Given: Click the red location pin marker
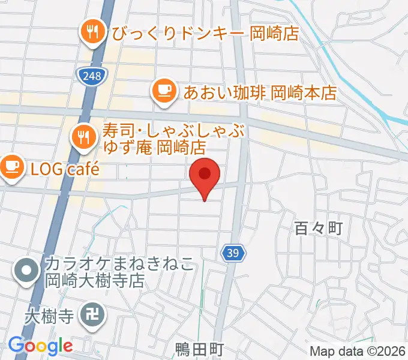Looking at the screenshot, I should (x=205, y=175).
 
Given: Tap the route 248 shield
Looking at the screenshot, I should (x=92, y=74).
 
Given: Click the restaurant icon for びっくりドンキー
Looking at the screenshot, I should (x=92, y=31).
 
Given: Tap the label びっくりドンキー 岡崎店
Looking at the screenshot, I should (x=204, y=33).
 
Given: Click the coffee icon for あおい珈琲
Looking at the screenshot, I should (x=164, y=91).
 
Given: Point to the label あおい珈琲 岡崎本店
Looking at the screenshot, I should (x=260, y=92).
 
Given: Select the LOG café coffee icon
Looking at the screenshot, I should (x=11, y=164).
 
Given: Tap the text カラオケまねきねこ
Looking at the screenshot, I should (x=119, y=265).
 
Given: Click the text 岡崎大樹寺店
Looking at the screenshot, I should (x=95, y=281).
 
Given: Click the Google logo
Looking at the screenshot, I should (x=40, y=346).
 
